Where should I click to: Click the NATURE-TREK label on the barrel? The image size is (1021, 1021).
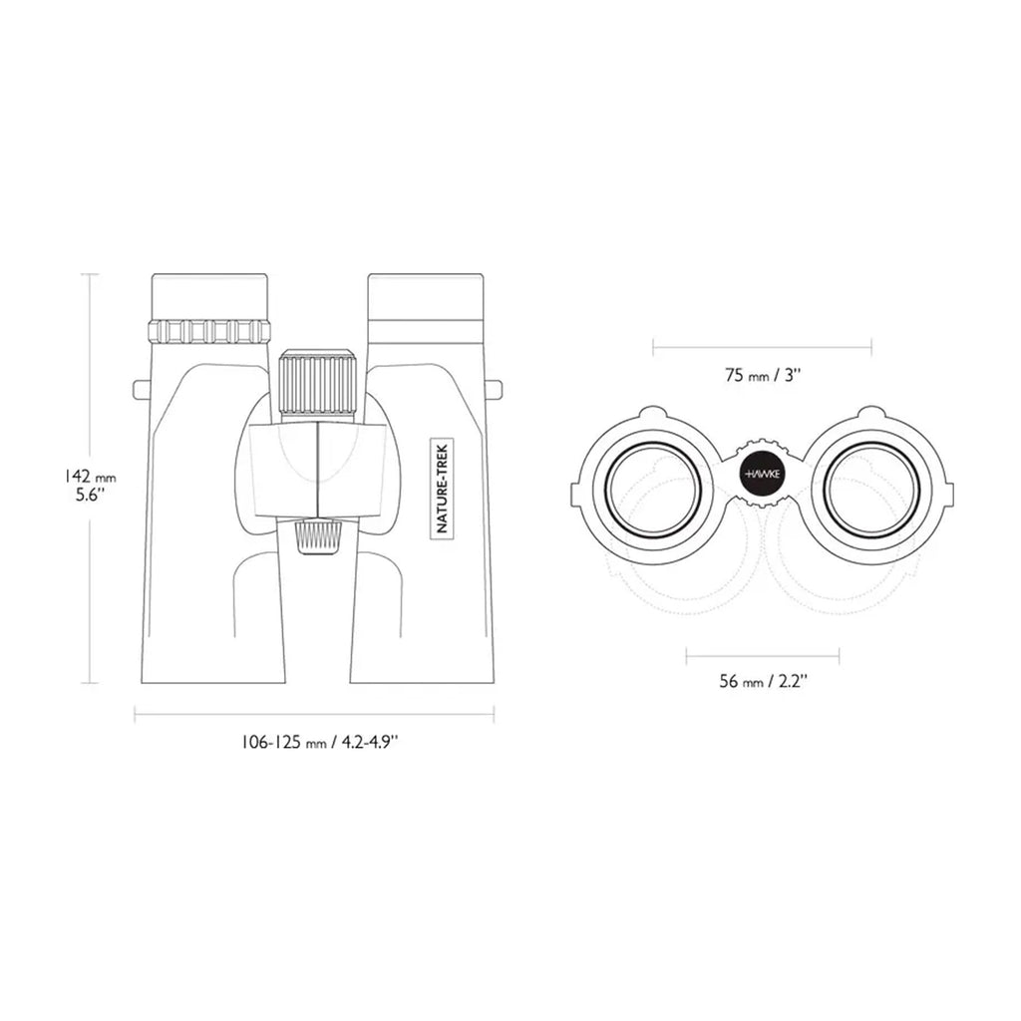tap(444, 487)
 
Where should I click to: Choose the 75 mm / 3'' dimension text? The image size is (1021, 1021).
tap(763, 376)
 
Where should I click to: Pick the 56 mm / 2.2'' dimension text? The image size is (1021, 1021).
tap(763, 682)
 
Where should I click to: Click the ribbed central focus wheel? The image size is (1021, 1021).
tap(317, 387)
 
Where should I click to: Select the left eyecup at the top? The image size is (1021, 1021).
tap(209, 297)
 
